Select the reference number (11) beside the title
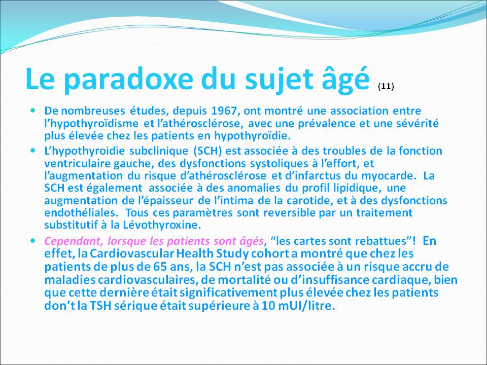pos(386,87)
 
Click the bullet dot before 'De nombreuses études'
pos(33,109)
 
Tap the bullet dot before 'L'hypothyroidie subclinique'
pos(33,151)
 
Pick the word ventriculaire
pos(74,164)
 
